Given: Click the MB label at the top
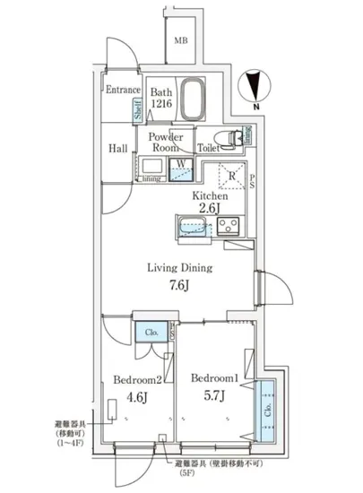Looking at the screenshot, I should (181, 41).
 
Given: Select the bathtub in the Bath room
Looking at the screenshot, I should (193, 101).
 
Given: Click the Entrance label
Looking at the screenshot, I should (123, 90).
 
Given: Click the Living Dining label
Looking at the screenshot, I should (179, 267).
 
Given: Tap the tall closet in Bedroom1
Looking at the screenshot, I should (267, 411).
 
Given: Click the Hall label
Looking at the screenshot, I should (117, 149).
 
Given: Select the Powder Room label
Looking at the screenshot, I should (166, 143).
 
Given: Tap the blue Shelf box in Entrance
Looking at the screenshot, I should (138, 112).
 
